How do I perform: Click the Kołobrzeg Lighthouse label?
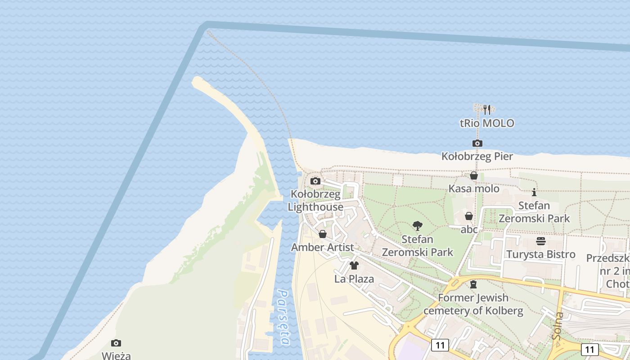pos(315,201)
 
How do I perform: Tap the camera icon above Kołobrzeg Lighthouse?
pos(315,181)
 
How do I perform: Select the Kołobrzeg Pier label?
pos(477,156)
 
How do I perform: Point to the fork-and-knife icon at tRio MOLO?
pos(486,109)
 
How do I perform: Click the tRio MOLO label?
pos(487,123)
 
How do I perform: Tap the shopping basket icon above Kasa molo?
pos(474,175)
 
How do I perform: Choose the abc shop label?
pos(469,229)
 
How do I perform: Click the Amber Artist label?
pos(322,247)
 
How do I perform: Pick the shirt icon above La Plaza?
pos(354,265)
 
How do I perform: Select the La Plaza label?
pos(354,279)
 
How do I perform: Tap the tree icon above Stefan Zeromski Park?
pos(418,226)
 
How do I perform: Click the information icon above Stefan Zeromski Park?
pos(534,192)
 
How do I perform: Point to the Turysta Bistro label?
pos(541,254)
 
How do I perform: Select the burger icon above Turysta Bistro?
pos(541,241)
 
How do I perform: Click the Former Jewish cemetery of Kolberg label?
pos(473,304)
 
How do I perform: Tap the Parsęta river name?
pos(283,317)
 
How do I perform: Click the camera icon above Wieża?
pos(116,343)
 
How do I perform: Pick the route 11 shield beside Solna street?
pos(589,349)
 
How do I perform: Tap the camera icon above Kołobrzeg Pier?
pos(477,143)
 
